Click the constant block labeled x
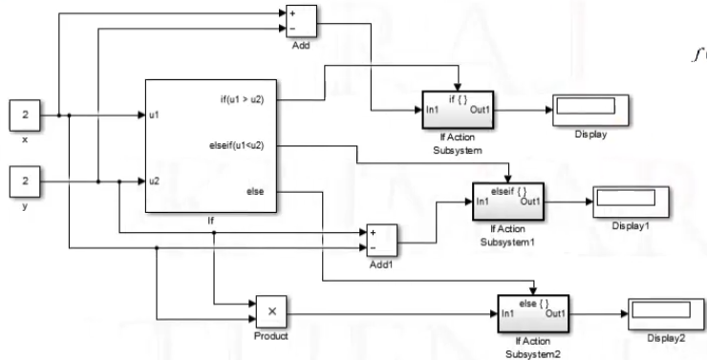coord(26,116)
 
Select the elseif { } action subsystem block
coord(506,201)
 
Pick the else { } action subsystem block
coord(531,310)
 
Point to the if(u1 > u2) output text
coord(244,97)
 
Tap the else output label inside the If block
coord(255,192)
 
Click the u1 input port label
coord(154,116)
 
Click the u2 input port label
coord(154,179)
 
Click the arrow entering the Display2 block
coord(621,312)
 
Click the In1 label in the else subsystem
coord(509,312)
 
